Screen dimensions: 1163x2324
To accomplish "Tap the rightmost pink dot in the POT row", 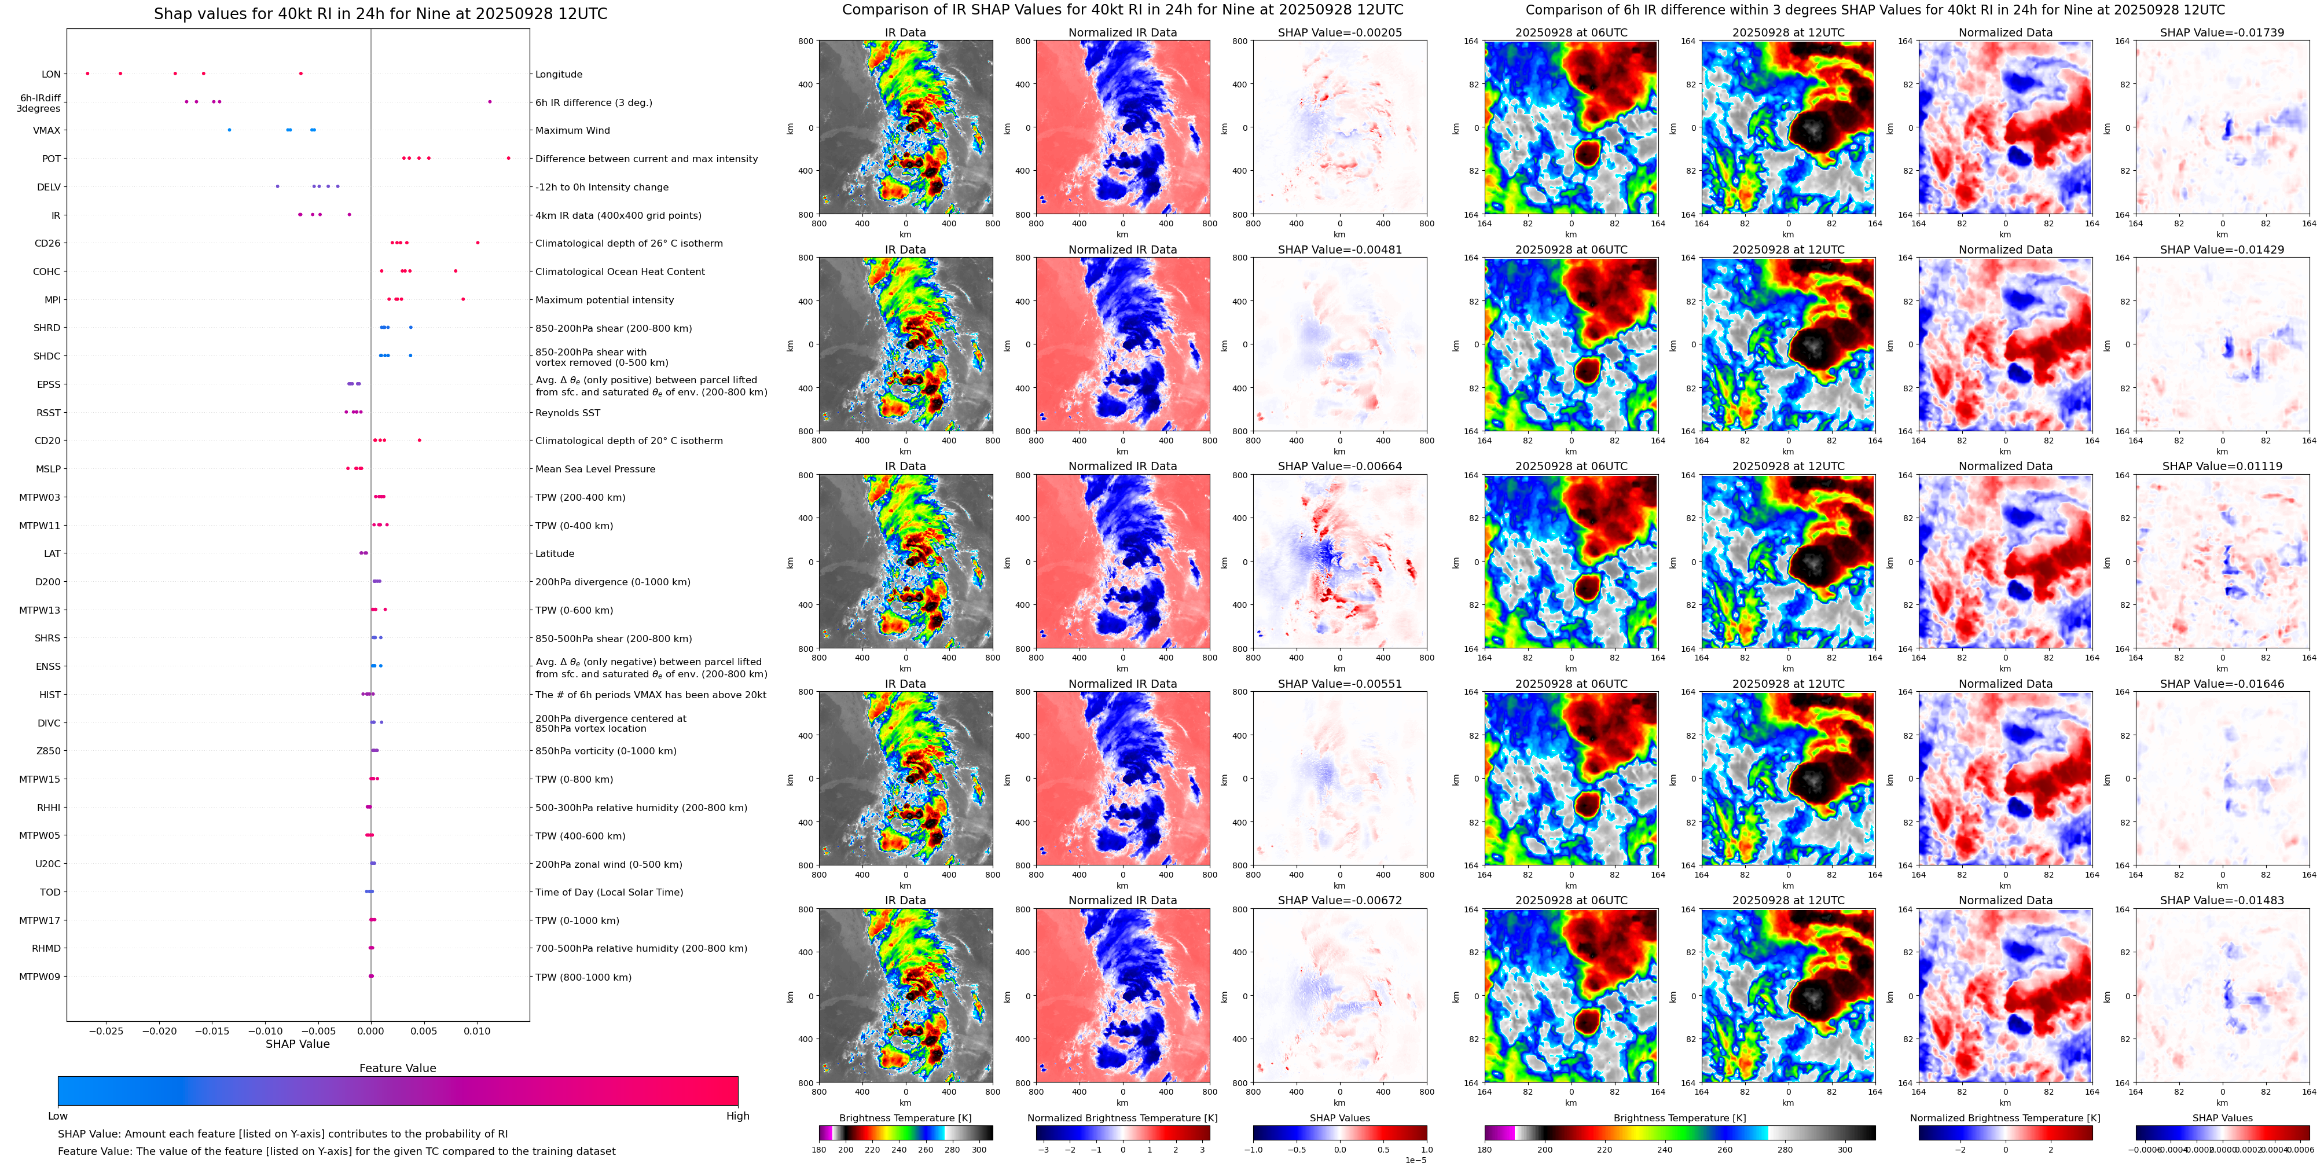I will pyautogui.click(x=508, y=159).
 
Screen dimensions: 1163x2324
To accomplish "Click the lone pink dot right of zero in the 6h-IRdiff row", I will pyautogui.click(x=490, y=102).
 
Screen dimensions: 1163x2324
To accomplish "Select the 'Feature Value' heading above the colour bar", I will pyautogui.click(x=397, y=1068).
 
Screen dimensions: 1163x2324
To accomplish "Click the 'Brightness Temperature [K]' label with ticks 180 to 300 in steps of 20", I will pyautogui.click(x=905, y=1118).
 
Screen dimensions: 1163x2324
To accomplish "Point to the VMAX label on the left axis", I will pyautogui.click(x=47, y=131).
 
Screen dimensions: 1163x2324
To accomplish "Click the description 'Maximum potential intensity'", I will pyautogui.click(x=604, y=300).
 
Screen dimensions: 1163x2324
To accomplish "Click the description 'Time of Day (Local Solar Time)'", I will pyautogui.click(x=609, y=892).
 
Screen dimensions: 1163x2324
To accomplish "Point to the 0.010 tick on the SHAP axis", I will pyautogui.click(x=478, y=1031).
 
